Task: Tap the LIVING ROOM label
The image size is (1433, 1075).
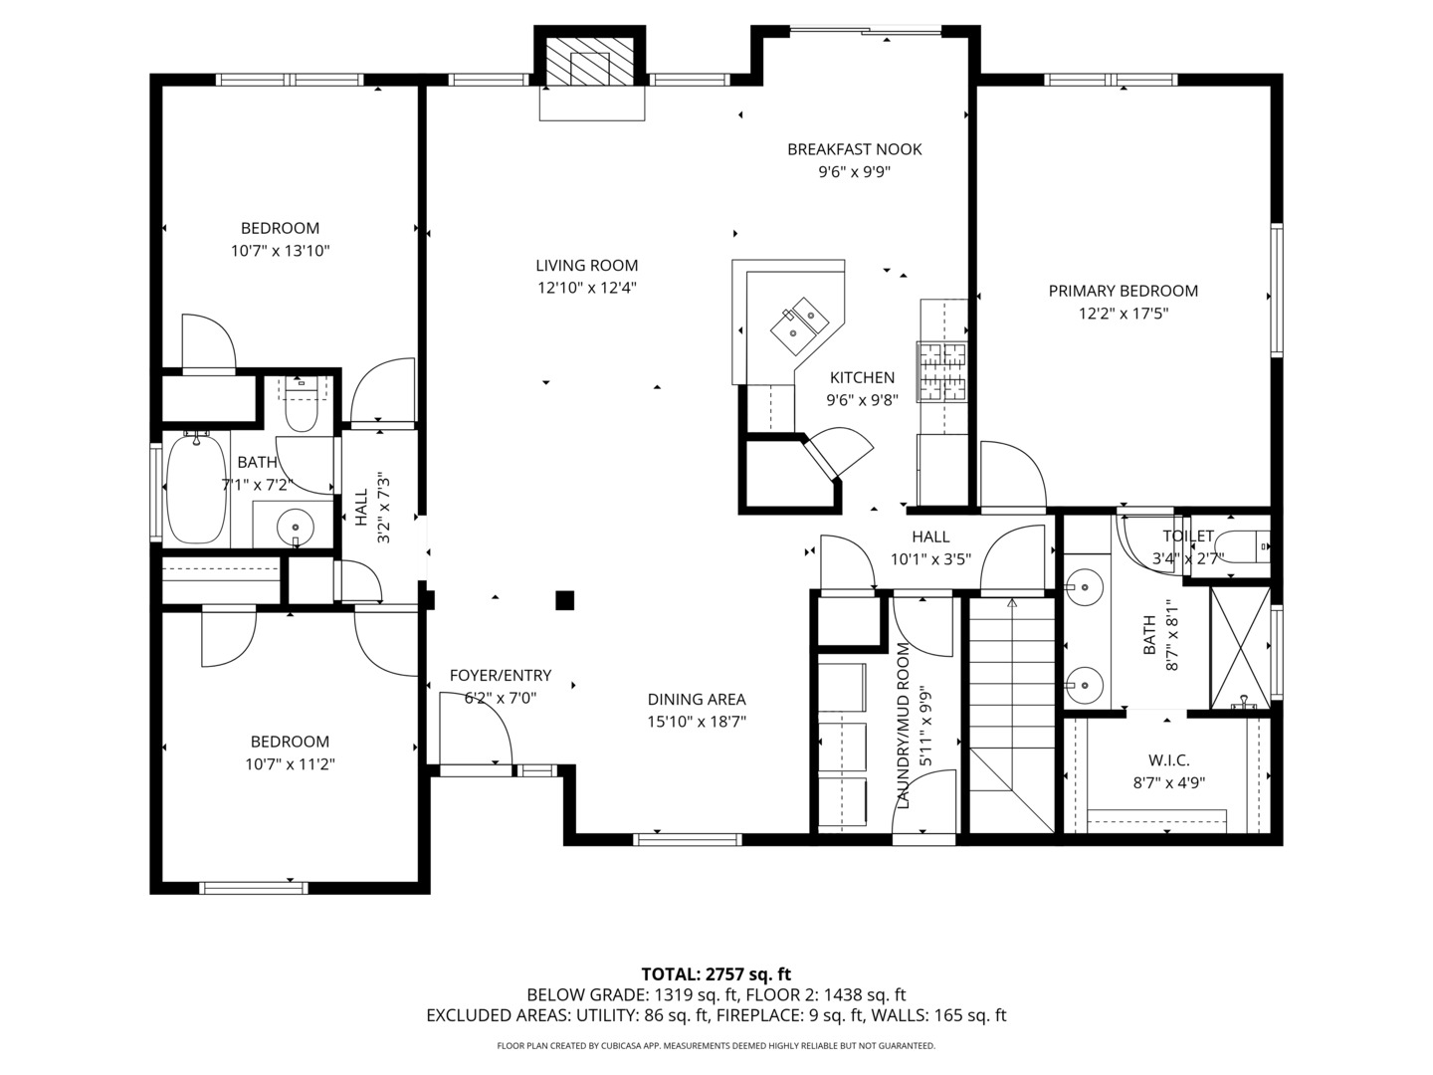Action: point(586,266)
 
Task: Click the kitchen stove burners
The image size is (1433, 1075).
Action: point(942,372)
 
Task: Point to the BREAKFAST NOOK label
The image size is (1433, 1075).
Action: point(854,149)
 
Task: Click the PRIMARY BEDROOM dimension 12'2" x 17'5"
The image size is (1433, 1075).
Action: point(1123,314)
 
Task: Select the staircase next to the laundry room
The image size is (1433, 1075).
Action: point(1012,712)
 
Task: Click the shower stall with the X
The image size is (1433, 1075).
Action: point(1240,647)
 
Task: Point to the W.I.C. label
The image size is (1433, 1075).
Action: point(1168,759)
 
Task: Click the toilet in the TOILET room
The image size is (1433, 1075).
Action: point(1244,546)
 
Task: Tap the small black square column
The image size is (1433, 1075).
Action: point(564,599)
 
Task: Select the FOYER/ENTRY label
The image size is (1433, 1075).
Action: point(500,675)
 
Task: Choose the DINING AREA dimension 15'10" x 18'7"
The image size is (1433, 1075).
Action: point(696,722)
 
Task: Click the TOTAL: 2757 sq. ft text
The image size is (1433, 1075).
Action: point(716,973)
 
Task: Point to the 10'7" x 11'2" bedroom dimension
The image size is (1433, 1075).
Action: point(290,764)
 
